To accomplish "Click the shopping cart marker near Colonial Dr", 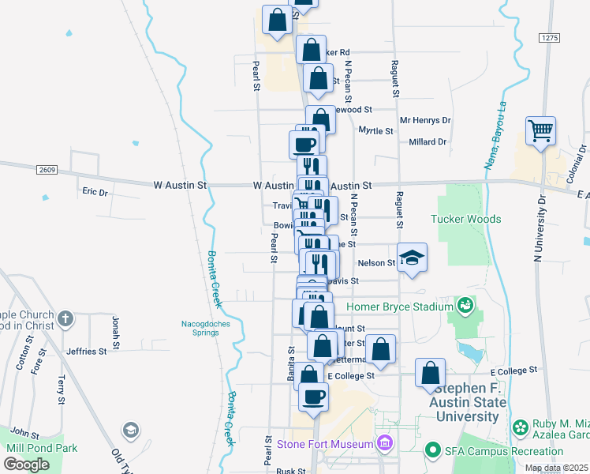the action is click(x=540, y=131).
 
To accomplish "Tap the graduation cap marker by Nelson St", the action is click(x=411, y=258).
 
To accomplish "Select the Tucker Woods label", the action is click(x=465, y=219).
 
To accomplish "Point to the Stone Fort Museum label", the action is click(x=323, y=444).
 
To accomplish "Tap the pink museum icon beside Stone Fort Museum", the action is click(x=384, y=443).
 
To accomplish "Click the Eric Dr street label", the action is click(x=95, y=191).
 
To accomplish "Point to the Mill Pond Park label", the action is click(x=42, y=448).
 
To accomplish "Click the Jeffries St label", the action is click(x=87, y=352).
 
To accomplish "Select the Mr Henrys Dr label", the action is click(x=425, y=121).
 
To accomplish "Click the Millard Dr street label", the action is click(x=428, y=142).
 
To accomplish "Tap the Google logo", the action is click(x=26, y=464).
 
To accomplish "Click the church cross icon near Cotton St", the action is click(x=65, y=319).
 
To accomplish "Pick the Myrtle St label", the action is click(x=375, y=130).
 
